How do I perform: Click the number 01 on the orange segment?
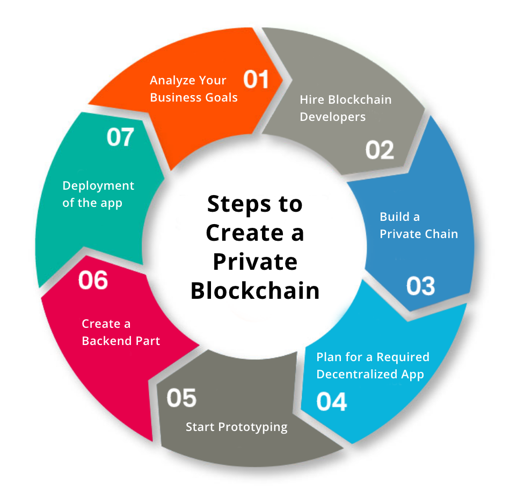(256, 80)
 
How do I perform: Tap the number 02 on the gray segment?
(380, 150)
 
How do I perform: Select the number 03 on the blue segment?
(420, 286)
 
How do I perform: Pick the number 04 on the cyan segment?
(331, 402)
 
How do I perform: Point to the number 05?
(181, 398)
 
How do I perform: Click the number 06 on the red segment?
(93, 280)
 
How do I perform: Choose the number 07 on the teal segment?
(120, 138)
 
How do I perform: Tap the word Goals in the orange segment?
(222, 97)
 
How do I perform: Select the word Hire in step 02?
(312, 99)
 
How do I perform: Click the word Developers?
(332, 117)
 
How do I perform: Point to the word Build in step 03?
(392, 217)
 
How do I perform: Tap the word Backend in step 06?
(107, 341)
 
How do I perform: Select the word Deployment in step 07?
(98, 185)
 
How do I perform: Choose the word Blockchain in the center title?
(255, 291)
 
